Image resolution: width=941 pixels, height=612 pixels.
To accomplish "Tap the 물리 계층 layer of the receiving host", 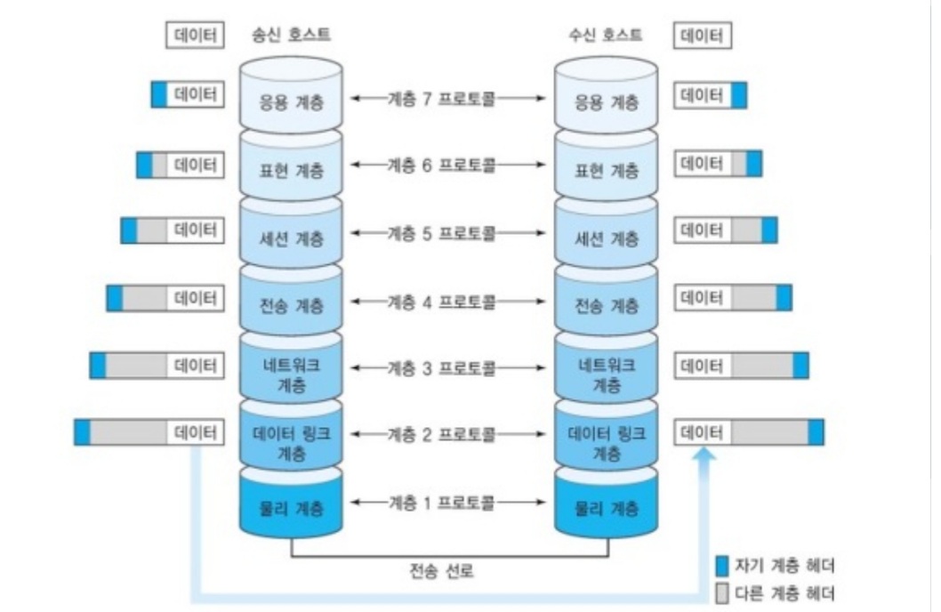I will (607, 509).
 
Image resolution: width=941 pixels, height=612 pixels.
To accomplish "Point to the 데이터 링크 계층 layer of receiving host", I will (607, 442).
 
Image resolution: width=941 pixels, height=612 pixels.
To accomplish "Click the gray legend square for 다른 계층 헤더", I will (723, 592).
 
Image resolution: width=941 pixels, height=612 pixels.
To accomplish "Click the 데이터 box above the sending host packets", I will (193, 36).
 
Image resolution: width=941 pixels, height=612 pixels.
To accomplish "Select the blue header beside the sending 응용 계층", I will (159, 95).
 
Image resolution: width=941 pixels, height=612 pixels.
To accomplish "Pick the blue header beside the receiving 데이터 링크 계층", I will (816, 432).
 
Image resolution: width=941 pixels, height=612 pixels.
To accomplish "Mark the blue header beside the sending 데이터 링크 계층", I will (83, 432).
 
